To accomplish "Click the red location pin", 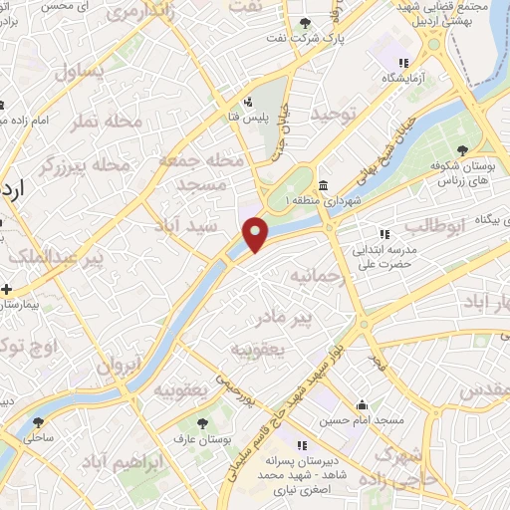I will click(256, 233).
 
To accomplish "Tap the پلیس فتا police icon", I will click(249, 102).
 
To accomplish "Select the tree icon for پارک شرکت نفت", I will click(305, 23).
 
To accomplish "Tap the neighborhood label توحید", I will click(332, 115).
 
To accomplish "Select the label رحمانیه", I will click(318, 274).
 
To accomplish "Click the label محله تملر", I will click(100, 121).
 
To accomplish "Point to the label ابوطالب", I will click(436, 225).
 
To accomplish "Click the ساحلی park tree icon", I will click(38, 421).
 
